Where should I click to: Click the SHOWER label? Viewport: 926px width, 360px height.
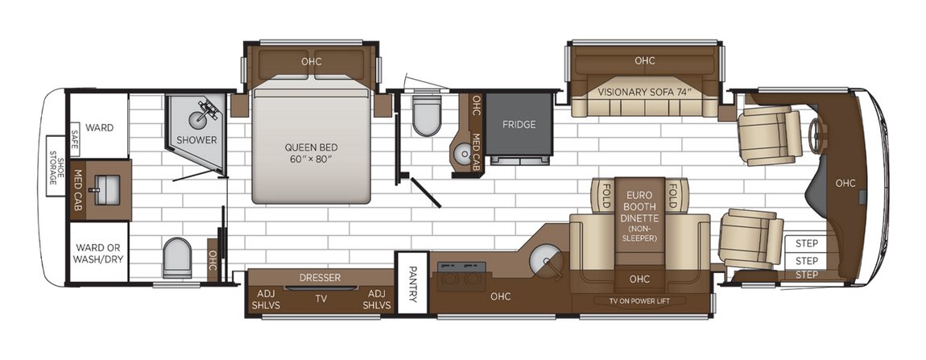[196, 140]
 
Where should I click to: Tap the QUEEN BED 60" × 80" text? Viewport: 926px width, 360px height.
[311, 153]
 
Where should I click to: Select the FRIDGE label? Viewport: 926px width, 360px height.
[519, 124]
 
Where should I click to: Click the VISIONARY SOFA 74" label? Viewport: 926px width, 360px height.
[645, 92]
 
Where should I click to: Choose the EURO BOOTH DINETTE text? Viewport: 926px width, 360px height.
[639, 205]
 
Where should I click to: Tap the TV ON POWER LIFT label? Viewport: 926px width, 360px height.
[642, 300]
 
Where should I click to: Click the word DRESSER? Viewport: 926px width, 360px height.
[320, 278]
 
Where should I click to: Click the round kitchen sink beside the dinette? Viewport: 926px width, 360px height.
[546, 259]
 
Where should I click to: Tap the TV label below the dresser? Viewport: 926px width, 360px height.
[320, 298]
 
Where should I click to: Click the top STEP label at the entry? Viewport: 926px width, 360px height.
[806, 244]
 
